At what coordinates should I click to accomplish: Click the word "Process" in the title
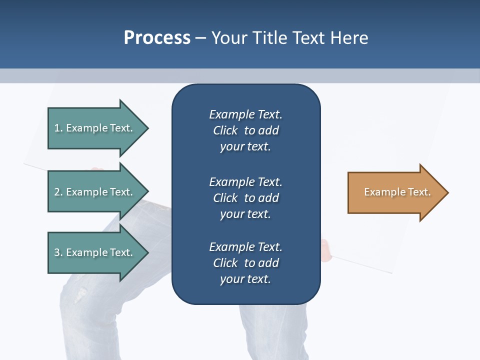(157, 37)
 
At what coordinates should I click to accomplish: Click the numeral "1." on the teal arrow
(58, 128)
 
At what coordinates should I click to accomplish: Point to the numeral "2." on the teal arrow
(58, 192)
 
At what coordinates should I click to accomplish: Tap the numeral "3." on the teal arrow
(58, 252)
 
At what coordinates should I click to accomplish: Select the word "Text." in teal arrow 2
(121, 192)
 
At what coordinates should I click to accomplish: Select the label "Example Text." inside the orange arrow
(397, 192)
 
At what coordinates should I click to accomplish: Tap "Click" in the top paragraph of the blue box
(225, 130)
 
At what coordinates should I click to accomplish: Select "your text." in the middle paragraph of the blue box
(245, 214)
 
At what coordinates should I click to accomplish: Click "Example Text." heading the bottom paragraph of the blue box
(245, 247)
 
